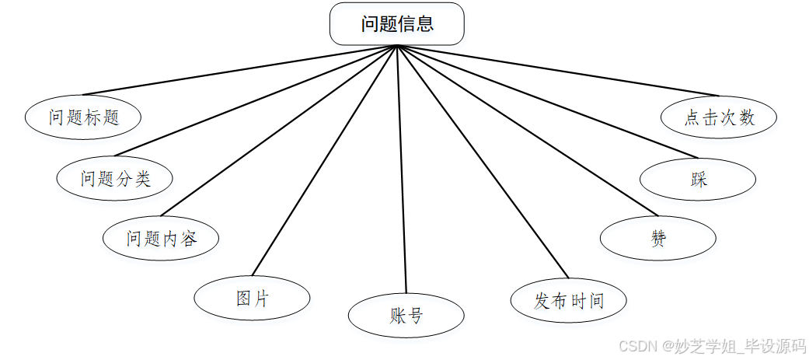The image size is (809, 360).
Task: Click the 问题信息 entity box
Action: coord(397,24)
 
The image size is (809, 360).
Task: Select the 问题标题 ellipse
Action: coord(83,117)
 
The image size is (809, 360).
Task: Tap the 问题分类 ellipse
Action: coord(115,179)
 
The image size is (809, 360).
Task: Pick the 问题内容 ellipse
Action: coord(162,238)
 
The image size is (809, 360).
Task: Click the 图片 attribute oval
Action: coord(252,298)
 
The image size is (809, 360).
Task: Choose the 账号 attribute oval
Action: coord(406,316)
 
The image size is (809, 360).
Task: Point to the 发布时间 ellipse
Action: coord(569,300)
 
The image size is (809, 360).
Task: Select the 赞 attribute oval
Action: coord(658,238)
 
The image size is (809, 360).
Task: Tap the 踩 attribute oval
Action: coord(698,180)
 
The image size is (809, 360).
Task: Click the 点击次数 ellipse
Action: coord(719,117)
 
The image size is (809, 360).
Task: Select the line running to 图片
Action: coord(325,161)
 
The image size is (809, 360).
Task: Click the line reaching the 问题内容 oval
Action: coord(278,131)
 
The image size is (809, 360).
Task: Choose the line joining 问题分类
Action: coord(256,100)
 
